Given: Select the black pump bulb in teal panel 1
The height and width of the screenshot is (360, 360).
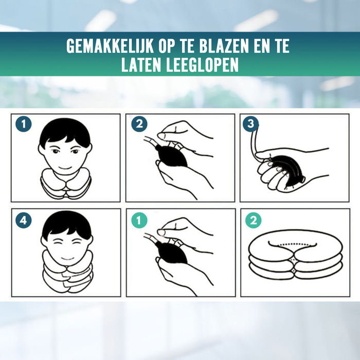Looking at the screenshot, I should point(173,250).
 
